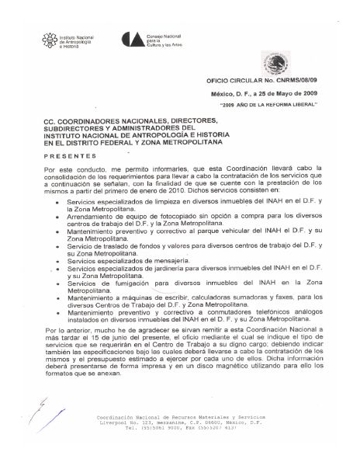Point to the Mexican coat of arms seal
click(x=275, y=61)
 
